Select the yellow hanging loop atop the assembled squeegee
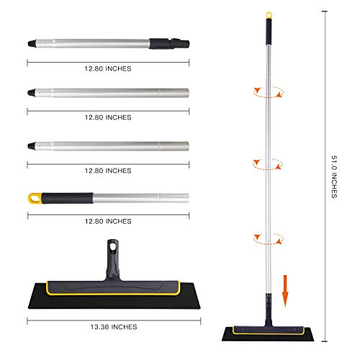click(x=269, y=14)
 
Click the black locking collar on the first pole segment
click(x=168, y=43)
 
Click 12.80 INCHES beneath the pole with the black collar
click(x=108, y=68)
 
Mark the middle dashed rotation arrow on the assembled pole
click(x=268, y=163)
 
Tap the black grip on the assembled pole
click(x=269, y=30)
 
